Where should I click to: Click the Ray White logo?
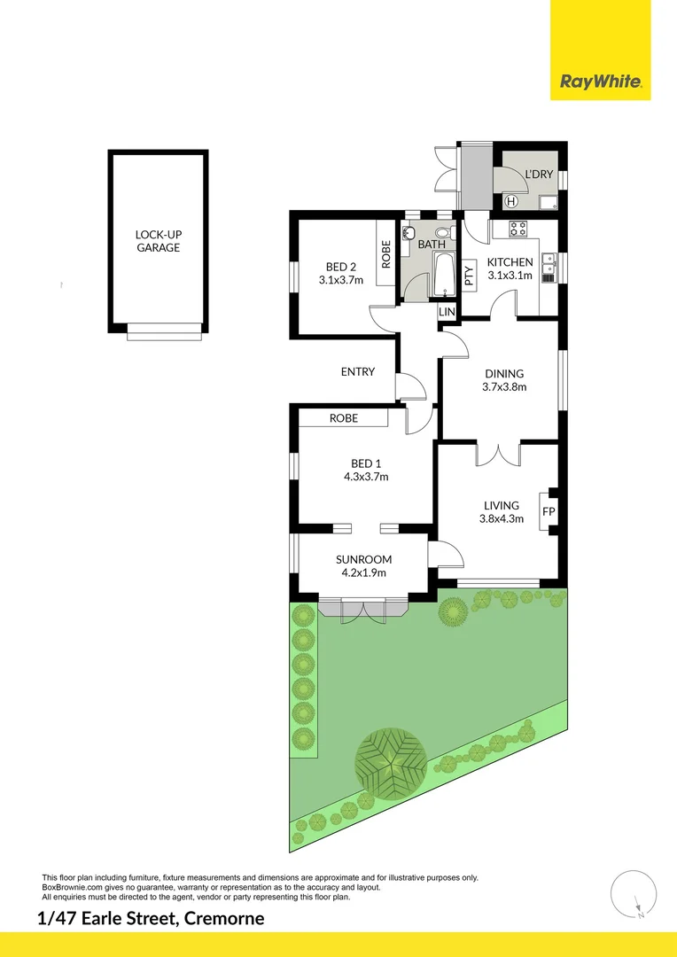pos(600,82)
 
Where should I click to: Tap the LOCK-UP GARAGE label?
pos(158,241)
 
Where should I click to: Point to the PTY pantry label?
pos(469,276)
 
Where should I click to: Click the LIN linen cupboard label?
pos(447,313)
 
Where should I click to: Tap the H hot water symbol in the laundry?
pos(510,201)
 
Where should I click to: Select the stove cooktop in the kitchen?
pos(519,229)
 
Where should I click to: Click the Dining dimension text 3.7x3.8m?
pos(504,386)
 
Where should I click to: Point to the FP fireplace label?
pos(549,511)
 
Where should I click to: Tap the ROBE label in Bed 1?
pos(343,418)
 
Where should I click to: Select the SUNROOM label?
pos(363,559)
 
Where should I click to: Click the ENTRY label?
pos(358,372)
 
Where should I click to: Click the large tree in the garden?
pos(390,759)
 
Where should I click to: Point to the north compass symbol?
pos(634,893)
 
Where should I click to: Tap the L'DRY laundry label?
pos(539,175)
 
